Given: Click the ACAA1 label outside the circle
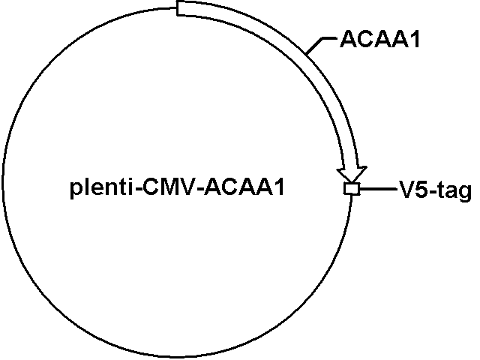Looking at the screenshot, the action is click(x=379, y=39).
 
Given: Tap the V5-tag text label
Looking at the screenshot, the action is click(x=435, y=190).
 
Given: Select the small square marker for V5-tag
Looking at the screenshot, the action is click(x=351, y=188).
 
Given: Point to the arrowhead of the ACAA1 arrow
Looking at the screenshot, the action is click(x=352, y=175).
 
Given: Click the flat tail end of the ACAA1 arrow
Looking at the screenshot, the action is click(x=177, y=7).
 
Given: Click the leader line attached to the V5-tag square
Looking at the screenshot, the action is click(x=379, y=189).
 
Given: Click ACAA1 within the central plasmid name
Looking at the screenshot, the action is click(x=244, y=187).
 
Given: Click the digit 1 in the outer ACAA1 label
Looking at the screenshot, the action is click(x=415, y=39).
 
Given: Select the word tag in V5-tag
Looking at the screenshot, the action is click(x=455, y=192).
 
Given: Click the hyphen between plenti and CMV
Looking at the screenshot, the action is click(x=137, y=190).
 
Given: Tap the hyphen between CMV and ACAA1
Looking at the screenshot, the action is click(x=200, y=190).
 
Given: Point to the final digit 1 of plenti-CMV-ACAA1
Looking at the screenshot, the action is click(x=280, y=187).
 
